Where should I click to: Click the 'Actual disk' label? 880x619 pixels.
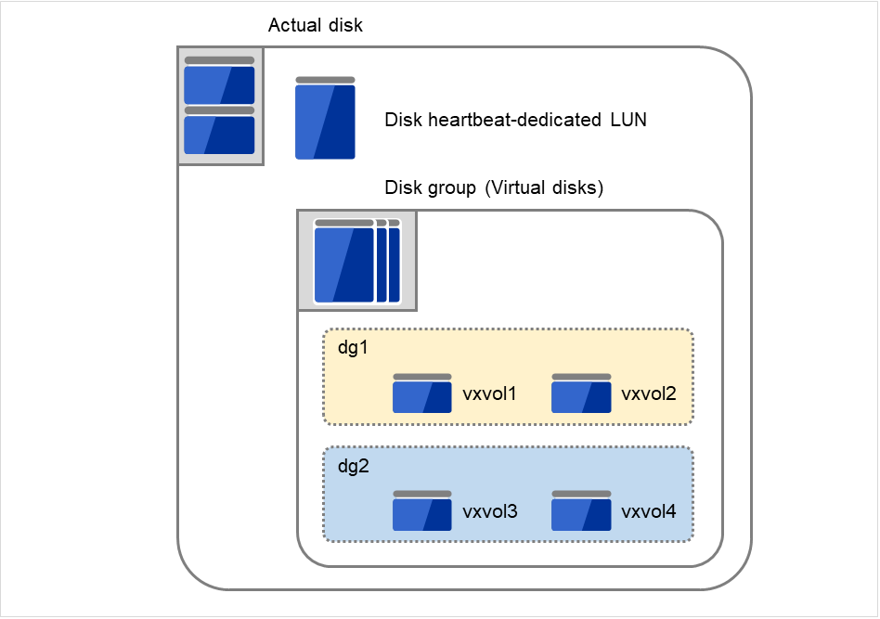click(x=315, y=25)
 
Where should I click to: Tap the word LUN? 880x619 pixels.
click(x=628, y=120)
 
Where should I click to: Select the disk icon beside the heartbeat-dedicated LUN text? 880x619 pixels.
click(x=325, y=119)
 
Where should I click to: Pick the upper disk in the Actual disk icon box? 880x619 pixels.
click(x=219, y=82)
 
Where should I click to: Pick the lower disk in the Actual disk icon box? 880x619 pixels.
click(x=219, y=131)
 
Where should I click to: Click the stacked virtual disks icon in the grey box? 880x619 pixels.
click(x=356, y=261)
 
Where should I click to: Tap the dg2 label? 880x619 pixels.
click(x=353, y=466)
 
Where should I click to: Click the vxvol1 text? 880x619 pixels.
click(x=490, y=394)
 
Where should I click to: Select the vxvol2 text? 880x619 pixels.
click(x=648, y=394)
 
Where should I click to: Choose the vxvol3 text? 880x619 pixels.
click(x=490, y=511)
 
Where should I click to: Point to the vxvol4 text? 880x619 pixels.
click(x=648, y=511)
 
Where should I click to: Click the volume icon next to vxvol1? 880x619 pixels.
click(x=422, y=394)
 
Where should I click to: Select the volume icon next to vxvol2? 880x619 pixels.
click(x=581, y=394)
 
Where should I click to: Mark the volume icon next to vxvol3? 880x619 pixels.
click(x=422, y=511)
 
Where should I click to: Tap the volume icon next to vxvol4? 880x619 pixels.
click(x=581, y=511)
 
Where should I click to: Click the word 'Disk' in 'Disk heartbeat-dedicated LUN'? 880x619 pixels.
click(x=403, y=120)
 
